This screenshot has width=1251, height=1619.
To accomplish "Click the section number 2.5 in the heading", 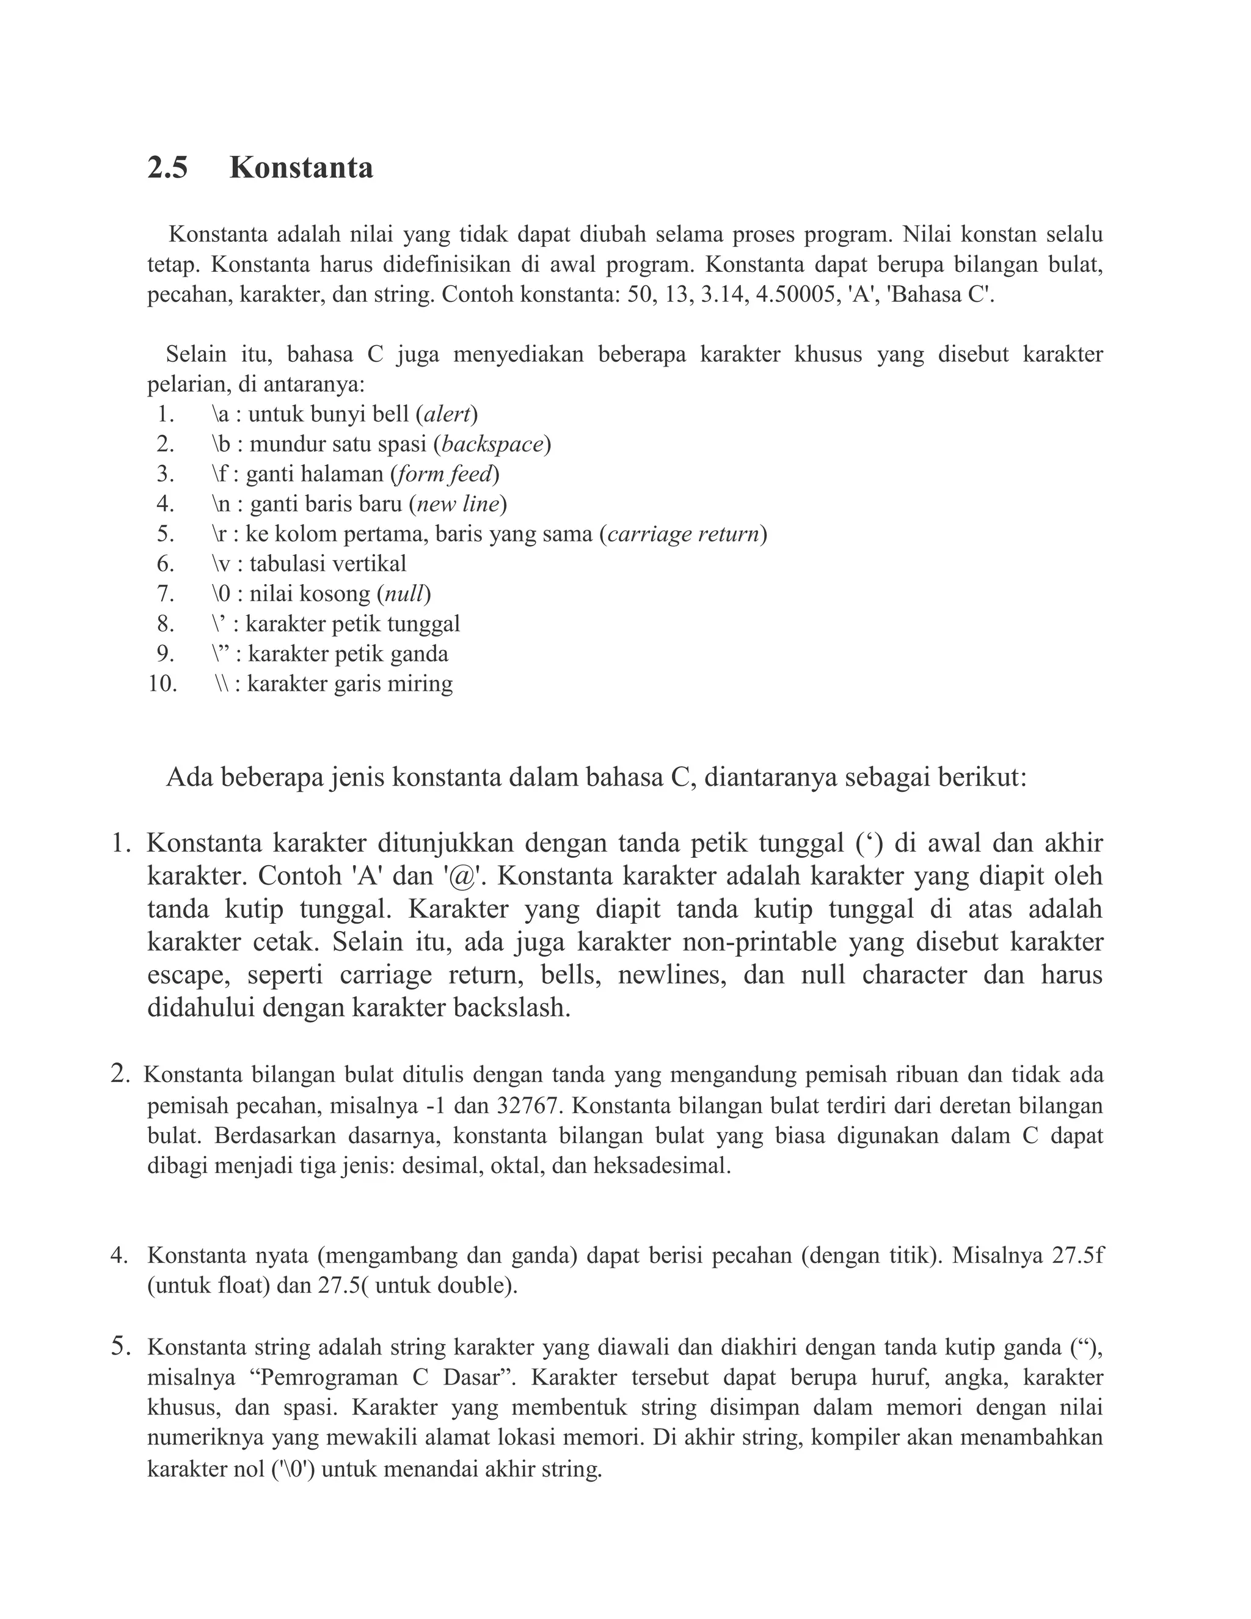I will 167,168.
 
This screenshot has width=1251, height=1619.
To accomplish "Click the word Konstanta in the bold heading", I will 301,168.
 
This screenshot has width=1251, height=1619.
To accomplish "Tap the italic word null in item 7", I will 404,594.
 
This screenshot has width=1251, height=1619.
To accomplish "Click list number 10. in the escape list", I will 162,684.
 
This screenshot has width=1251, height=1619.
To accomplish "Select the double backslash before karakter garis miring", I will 221,684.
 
